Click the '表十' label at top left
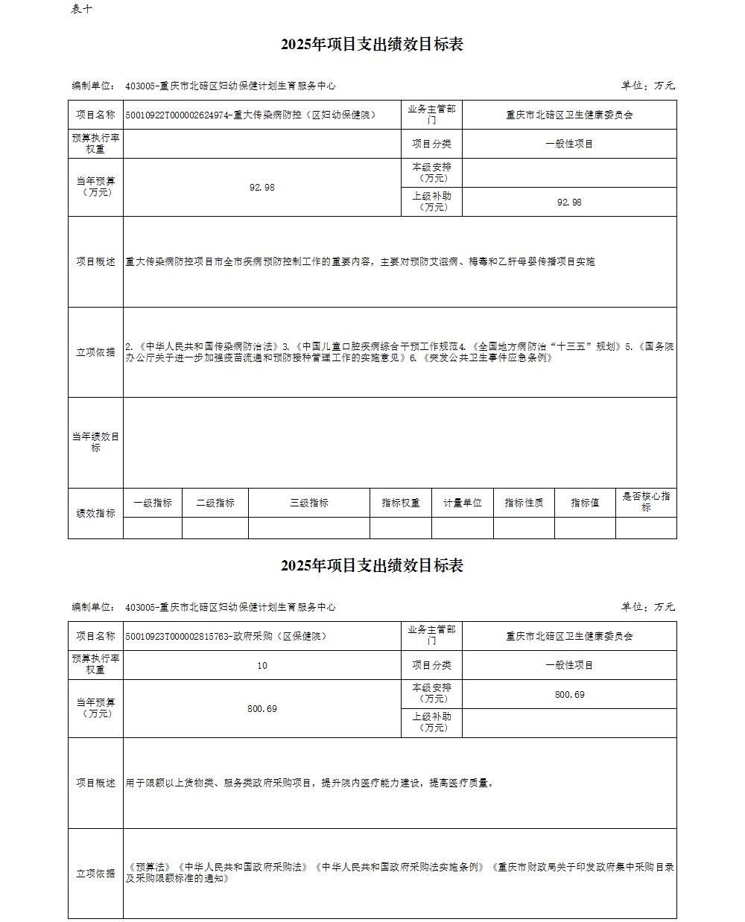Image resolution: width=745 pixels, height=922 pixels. point(82,9)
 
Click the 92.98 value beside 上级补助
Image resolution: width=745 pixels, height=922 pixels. point(569,203)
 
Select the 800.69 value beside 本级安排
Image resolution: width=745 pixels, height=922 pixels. point(569,694)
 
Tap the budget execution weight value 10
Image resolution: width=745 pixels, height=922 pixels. point(261,665)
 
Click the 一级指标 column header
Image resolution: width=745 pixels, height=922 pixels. point(153,503)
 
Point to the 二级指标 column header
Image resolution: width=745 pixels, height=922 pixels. point(215,503)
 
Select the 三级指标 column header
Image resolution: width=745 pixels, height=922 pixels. point(309,503)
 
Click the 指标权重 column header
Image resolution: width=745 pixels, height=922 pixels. point(401,503)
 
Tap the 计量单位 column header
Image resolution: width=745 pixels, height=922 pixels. point(463,503)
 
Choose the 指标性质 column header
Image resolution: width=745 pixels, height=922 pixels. point(524,503)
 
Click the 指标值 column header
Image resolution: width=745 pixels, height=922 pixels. point(585,503)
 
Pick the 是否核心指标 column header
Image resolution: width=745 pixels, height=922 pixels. point(646,502)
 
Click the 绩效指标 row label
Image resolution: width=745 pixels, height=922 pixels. point(95,513)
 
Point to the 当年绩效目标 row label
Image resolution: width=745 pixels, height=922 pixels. point(95,442)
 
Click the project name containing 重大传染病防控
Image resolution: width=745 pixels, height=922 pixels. point(251,115)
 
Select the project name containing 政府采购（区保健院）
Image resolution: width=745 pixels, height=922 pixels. point(226,636)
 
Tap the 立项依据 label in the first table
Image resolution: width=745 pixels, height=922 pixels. point(95,352)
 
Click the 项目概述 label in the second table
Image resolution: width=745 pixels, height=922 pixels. point(95,783)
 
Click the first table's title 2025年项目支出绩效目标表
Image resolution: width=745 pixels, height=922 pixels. point(372,45)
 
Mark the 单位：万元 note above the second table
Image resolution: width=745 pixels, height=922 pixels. point(647,607)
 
